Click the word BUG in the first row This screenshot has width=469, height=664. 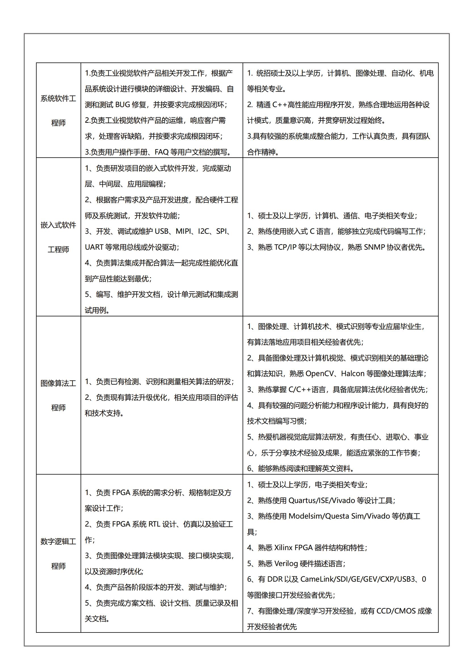pyautogui.click(x=123, y=105)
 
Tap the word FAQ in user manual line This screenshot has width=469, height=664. pyautogui.click(x=161, y=152)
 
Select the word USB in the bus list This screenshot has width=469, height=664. pyautogui.click(x=161, y=232)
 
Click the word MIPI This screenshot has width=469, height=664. pyautogui.click(x=184, y=232)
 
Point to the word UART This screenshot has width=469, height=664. pyautogui.click(x=94, y=247)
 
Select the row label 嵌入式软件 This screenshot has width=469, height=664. pyautogui.click(x=58, y=225)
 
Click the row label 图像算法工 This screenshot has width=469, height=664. pyautogui.click(x=58, y=383)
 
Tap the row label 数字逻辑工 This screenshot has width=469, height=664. pyautogui.click(x=58, y=542)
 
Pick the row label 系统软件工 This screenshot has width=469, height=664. pyautogui.click(x=58, y=99)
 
